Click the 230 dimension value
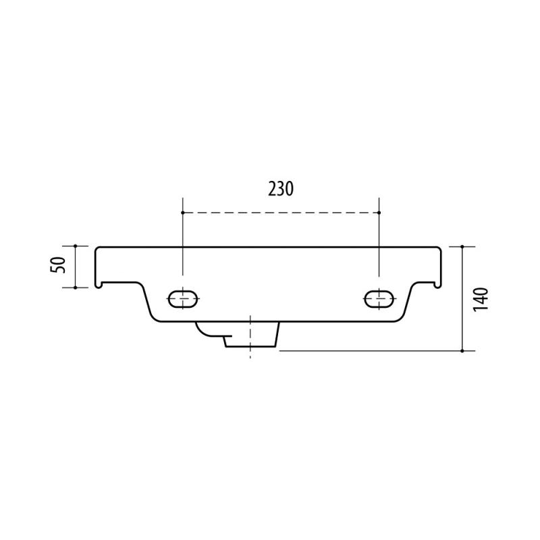281,189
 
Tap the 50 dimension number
58,265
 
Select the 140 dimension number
481,299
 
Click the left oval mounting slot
183,299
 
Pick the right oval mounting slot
379,299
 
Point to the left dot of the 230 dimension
182,213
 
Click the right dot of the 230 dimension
379,213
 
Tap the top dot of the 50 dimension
76,246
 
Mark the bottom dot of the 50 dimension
76,288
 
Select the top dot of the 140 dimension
462,246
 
